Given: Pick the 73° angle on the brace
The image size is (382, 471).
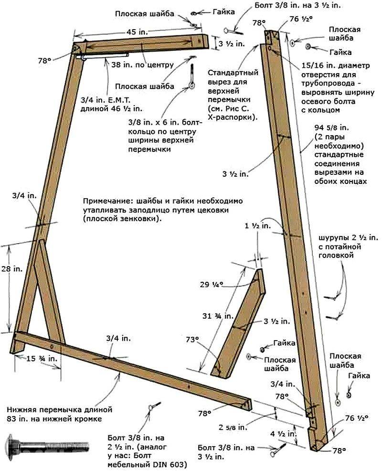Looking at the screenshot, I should pos(192,340).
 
